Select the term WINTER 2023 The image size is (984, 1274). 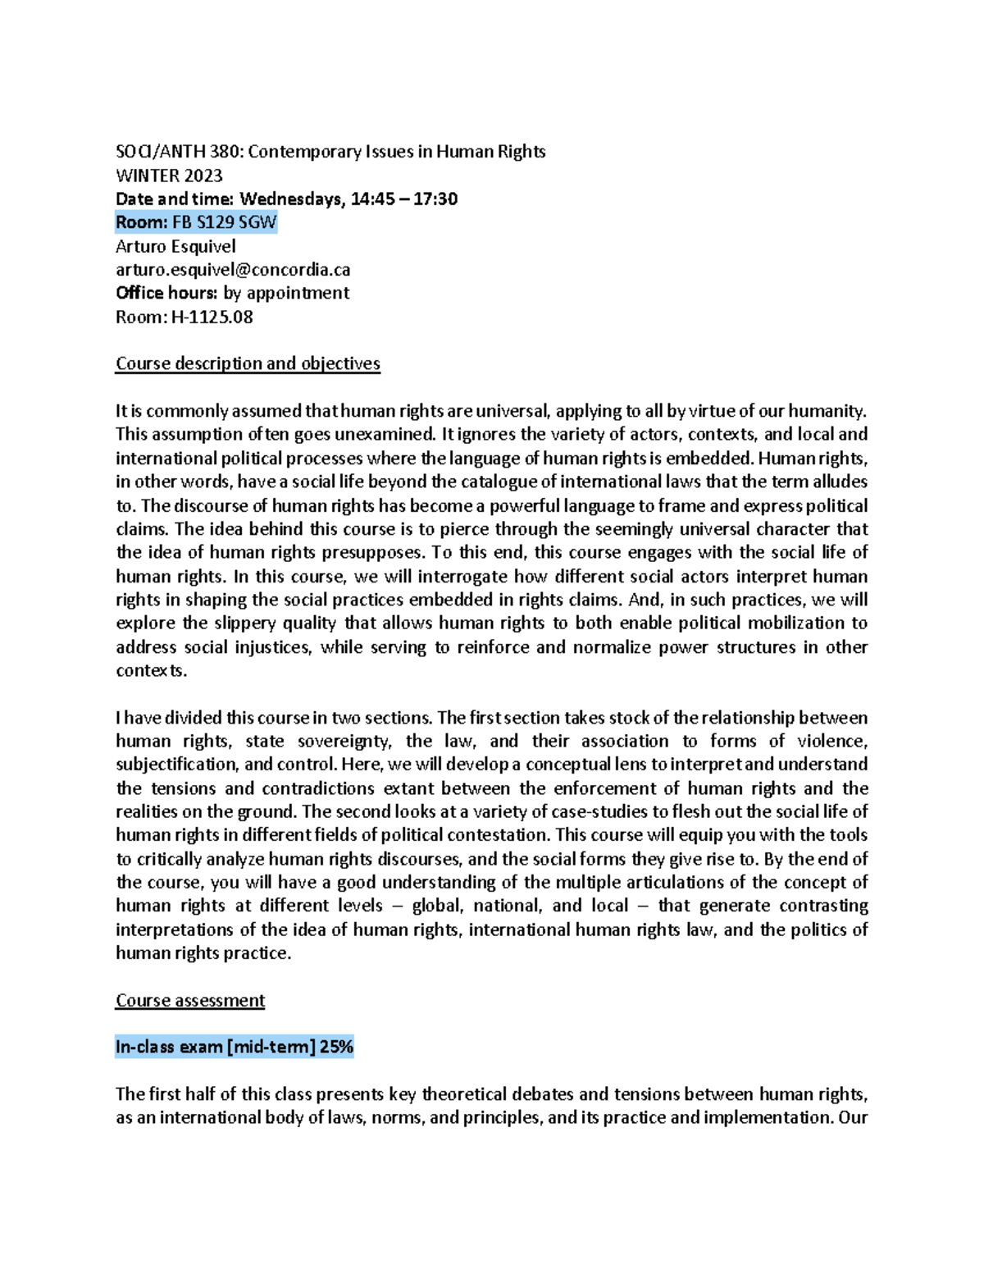169,176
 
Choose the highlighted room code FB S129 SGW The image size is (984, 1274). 224,222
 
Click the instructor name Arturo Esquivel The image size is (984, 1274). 175,246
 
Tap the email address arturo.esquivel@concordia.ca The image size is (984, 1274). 233,270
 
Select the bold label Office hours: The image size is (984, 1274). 166,293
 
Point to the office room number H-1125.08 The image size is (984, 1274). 212,317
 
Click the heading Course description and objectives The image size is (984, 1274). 248,363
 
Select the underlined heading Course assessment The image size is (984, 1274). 190,1000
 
